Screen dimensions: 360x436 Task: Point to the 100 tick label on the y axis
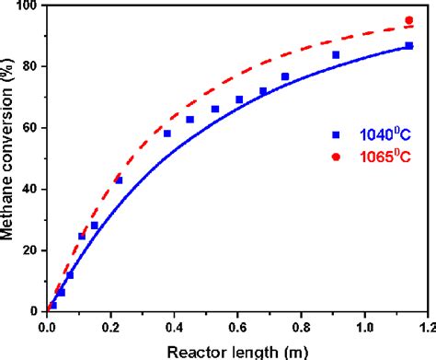(27, 6)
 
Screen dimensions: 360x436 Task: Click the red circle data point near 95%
(409, 20)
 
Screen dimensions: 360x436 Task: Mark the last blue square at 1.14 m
(409, 45)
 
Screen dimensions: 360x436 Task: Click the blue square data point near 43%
(119, 180)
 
